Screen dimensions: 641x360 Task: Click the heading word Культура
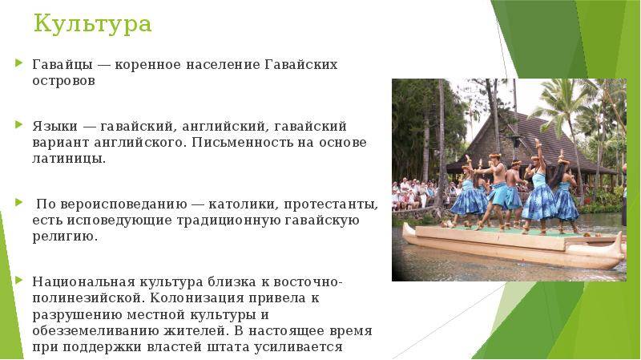tap(92, 24)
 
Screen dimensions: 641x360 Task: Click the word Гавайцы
tap(62, 65)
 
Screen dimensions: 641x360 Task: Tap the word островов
tap(64, 81)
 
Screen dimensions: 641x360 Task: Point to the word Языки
tap(55, 126)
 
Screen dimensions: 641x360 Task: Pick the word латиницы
tap(69, 159)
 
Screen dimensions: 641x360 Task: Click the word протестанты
tap(331, 204)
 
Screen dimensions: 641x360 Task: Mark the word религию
tap(65, 237)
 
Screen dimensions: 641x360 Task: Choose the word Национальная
tap(83, 282)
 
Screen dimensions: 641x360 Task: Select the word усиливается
tap(298, 347)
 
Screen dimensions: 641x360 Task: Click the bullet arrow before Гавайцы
tap(18, 63)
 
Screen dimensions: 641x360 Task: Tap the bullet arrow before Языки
tap(18, 124)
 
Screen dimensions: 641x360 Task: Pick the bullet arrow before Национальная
tap(18, 281)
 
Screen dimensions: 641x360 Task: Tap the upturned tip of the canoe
tap(623, 239)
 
